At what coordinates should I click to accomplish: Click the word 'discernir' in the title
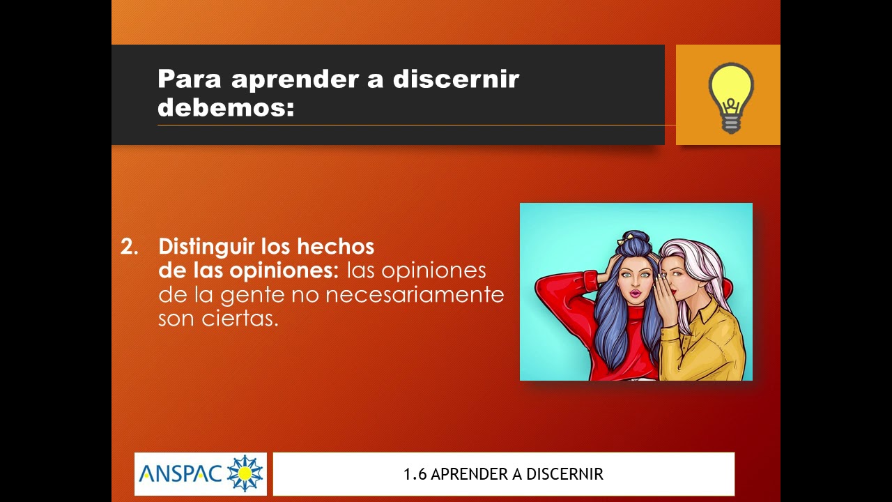pos(456,79)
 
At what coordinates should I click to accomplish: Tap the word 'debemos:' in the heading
pos(226,107)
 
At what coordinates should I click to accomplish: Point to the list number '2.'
pos(130,247)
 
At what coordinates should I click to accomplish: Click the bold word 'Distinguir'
pos(207,247)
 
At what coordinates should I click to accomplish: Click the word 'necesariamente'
pos(415,295)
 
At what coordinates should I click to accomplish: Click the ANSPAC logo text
pos(180,474)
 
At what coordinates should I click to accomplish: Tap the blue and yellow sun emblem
pos(245,474)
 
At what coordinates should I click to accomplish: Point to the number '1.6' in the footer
pos(415,475)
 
